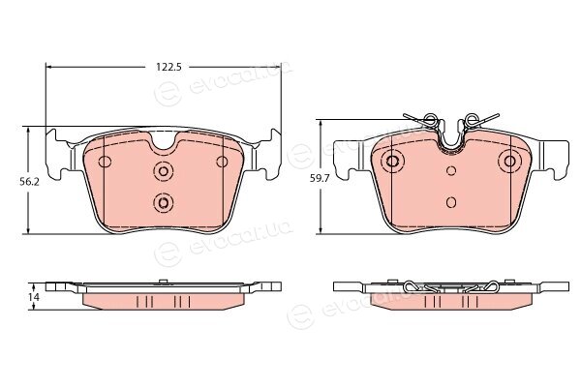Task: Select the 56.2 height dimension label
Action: pyautogui.click(x=30, y=182)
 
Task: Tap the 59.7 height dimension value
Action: pyautogui.click(x=319, y=178)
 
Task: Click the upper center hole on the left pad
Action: pyautogui.click(x=163, y=171)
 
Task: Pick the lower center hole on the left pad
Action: pyautogui.click(x=163, y=202)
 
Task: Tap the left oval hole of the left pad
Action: pyautogui.click(x=105, y=162)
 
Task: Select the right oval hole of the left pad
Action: pyautogui.click(x=222, y=162)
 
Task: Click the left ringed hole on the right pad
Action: pyautogui.click(x=392, y=162)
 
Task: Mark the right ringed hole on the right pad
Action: pyautogui.click(x=510, y=162)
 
